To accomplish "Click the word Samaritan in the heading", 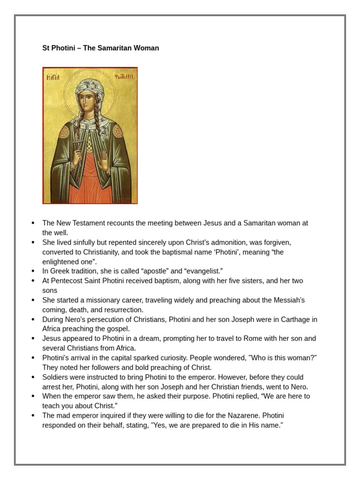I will click(x=113, y=48).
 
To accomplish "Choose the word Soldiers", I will click(x=56, y=377).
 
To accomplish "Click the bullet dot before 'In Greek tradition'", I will click(x=33, y=271).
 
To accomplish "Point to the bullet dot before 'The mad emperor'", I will click(x=33, y=416).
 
